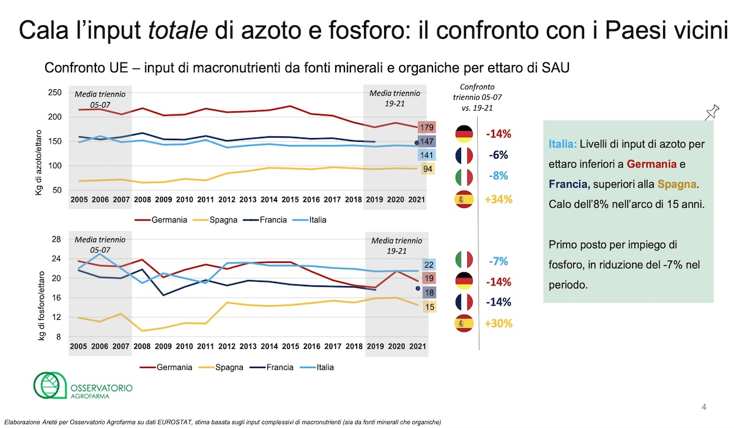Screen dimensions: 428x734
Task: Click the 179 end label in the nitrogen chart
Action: pos(428,128)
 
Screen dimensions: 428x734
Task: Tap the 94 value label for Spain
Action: pos(428,168)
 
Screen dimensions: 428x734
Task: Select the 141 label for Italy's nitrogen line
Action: pos(428,155)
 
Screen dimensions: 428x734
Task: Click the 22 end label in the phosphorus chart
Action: pos(429,265)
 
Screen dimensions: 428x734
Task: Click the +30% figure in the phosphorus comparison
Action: pos(499,323)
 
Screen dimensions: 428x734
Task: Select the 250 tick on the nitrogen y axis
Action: pos(54,92)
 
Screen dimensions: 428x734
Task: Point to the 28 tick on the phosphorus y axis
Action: pos(56,239)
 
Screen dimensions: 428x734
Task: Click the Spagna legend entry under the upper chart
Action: pos(224,220)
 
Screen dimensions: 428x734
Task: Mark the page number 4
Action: pos(703,407)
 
